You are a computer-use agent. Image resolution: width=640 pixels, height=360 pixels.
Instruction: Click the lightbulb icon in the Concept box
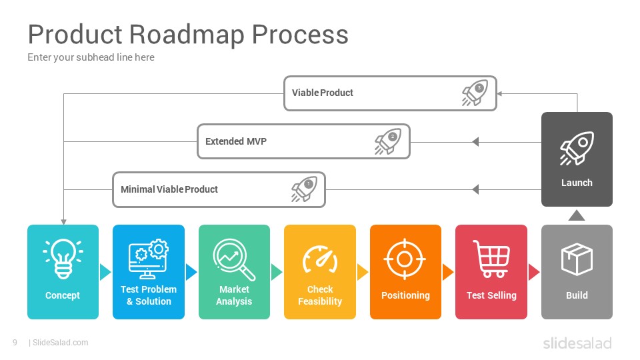pyautogui.click(x=63, y=259)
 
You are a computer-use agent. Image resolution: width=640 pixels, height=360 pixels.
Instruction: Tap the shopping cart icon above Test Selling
pyautogui.click(x=491, y=259)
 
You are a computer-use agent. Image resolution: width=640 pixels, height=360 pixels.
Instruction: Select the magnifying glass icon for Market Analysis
pyautogui.click(x=234, y=259)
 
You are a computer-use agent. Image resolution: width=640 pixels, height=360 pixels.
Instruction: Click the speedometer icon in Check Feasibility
pyautogui.click(x=320, y=259)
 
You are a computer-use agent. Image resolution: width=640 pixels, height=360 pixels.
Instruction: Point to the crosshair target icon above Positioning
pyautogui.click(x=405, y=259)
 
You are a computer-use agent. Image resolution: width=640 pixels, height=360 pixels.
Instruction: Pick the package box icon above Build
pyautogui.click(x=577, y=259)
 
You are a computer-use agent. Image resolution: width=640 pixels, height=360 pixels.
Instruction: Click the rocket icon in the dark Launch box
pyautogui.click(x=576, y=148)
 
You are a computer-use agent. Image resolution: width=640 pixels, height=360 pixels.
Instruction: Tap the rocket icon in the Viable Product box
pyautogui.click(x=475, y=93)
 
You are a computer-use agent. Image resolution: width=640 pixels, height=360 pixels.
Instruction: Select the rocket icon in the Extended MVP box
pyautogui.click(x=388, y=141)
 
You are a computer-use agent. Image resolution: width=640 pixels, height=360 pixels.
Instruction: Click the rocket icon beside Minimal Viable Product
pyautogui.click(x=304, y=189)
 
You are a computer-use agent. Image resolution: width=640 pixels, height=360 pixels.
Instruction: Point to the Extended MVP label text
pyautogui.click(x=236, y=141)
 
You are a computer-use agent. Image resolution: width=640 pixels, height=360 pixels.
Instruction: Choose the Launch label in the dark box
pyautogui.click(x=577, y=183)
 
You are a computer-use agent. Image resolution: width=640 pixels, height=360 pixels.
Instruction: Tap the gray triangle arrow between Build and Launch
pyautogui.click(x=576, y=215)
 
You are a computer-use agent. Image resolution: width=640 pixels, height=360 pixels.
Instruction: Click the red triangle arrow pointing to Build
pyautogui.click(x=533, y=272)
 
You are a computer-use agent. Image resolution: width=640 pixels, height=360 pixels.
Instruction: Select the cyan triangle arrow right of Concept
pyautogui.click(x=105, y=272)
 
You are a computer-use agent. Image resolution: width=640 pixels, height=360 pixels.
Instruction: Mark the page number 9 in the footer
pyautogui.click(x=15, y=343)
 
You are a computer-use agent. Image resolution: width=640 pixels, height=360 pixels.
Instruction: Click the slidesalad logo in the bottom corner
pyautogui.click(x=577, y=343)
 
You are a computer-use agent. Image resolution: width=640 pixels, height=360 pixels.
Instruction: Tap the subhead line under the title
pyautogui.click(x=91, y=57)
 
